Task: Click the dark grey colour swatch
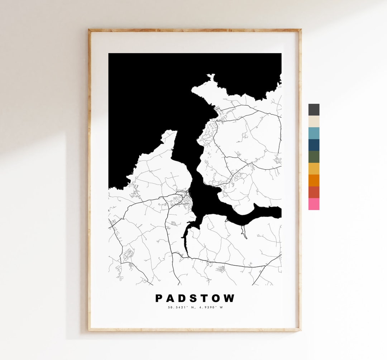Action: point(314,110)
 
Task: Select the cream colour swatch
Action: point(314,122)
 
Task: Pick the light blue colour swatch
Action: point(314,133)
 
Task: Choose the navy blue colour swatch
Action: point(314,145)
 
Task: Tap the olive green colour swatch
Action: point(314,157)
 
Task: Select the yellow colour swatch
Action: point(314,169)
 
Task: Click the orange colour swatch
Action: point(314,180)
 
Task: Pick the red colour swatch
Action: point(314,192)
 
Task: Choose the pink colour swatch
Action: point(314,204)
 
